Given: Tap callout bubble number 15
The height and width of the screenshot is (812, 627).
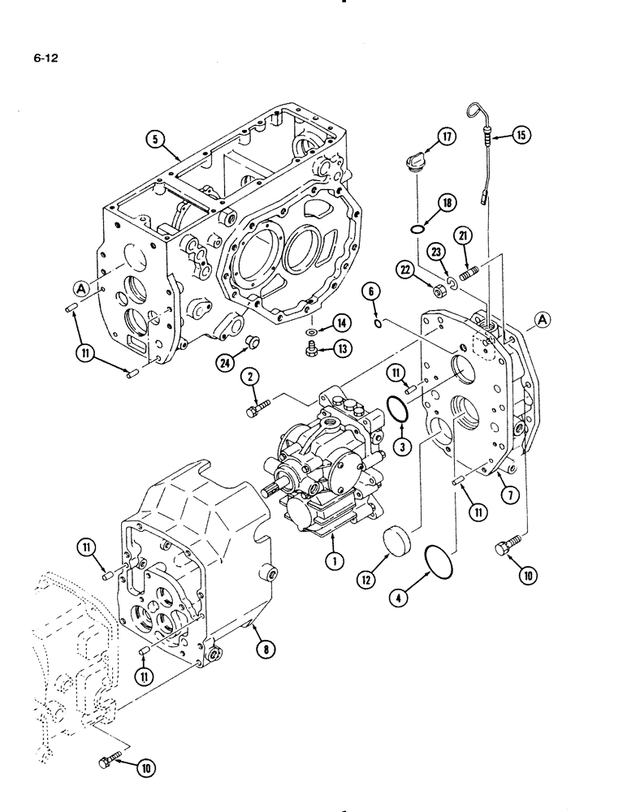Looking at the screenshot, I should coord(521,136).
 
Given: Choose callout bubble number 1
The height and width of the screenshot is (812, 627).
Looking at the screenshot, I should coord(331,559).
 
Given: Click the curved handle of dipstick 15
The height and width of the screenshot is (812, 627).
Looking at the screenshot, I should coord(478,114).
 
